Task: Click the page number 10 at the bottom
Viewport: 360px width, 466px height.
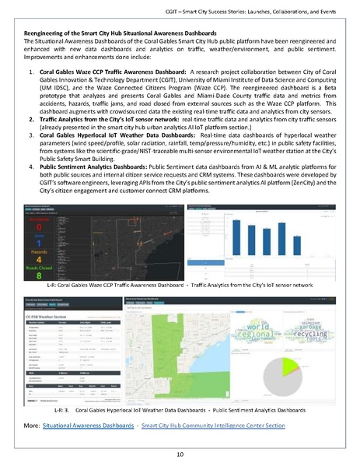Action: point(180,453)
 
